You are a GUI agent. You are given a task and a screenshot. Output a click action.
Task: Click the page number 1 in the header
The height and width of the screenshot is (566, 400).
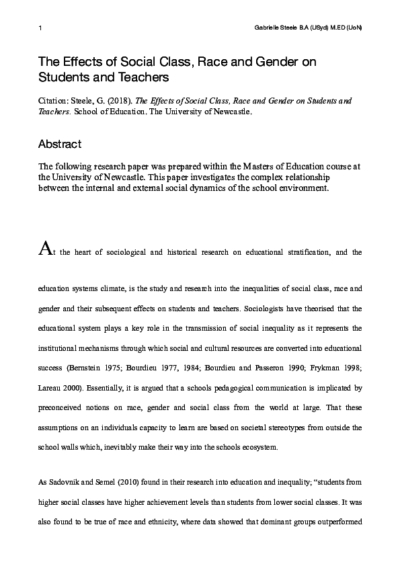coord(40,28)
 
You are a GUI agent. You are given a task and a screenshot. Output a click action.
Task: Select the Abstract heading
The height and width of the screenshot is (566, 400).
coord(60,144)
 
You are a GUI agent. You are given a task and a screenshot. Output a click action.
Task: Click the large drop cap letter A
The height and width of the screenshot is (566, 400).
coord(44,251)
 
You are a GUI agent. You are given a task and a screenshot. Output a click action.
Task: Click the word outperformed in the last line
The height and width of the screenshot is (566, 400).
coord(339,522)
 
